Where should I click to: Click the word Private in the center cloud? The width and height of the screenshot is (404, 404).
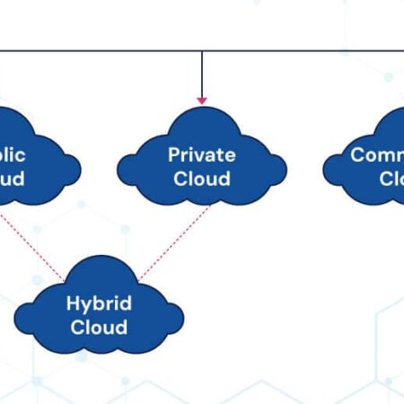pyautogui.click(x=202, y=154)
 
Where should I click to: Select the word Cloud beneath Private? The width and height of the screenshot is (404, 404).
pyautogui.click(x=202, y=178)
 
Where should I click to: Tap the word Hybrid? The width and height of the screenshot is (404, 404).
pyautogui.click(x=99, y=303)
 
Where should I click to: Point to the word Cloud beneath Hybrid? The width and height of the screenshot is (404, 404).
pyautogui.click(x=99, y=327)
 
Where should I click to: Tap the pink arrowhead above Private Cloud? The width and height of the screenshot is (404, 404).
pyautogui.click(x=202, y=99)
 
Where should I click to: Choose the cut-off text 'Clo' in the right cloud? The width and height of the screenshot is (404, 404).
pyautogui.click(x=391, y=178)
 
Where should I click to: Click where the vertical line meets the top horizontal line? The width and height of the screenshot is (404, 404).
pyautogui.click(x=202, y=51)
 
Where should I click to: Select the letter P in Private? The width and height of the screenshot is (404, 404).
pyautogui.click(x=173, y=154)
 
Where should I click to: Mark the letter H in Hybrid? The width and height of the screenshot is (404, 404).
pyautogui.click(x=73, y=303)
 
